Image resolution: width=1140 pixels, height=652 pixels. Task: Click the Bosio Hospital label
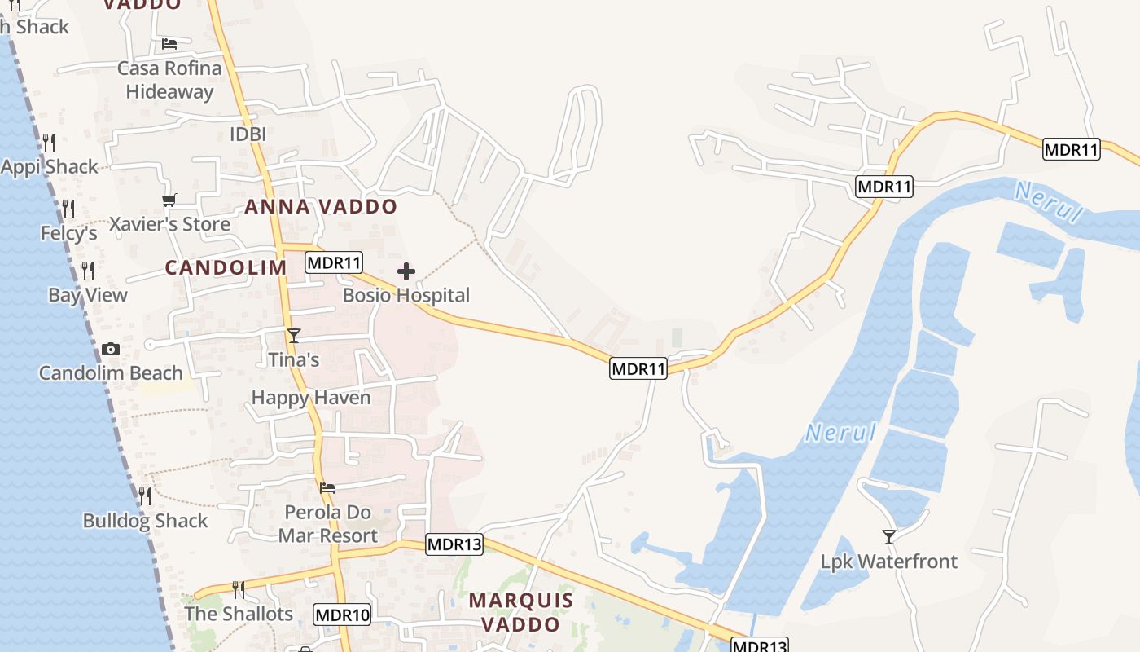[406, 295]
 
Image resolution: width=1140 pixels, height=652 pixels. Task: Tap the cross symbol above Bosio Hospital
[406, 271]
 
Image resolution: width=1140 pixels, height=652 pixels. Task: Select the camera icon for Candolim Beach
[110, 350]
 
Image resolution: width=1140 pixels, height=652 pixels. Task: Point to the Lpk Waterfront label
[888, 562]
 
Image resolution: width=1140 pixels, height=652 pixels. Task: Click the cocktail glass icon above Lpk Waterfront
[888, 537]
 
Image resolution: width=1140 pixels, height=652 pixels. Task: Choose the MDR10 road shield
[342, 615]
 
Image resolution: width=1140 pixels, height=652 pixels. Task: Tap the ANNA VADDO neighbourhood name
[321, 207]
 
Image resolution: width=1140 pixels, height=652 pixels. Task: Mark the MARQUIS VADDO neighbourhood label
[521, 613]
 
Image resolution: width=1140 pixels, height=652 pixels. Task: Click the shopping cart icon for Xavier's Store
[169, 200]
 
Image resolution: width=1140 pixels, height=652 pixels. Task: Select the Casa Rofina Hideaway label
[169, 80]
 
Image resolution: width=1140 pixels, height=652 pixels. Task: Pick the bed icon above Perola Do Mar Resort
[327, 488]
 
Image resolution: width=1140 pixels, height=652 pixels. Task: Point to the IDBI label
[248, 134]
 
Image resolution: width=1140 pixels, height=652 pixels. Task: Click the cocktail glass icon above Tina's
[294, 336]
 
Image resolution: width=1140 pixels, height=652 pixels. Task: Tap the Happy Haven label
[311, 398]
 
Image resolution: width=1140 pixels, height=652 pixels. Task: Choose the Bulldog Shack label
[145, 521]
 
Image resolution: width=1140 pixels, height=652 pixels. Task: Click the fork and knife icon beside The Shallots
[238, 589]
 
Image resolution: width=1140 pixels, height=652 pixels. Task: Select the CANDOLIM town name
[226, 267]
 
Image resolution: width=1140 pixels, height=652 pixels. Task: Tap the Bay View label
[88, 295]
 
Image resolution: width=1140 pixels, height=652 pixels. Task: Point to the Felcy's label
[69, 234]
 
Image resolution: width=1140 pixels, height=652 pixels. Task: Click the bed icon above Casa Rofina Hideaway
[169, 43]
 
